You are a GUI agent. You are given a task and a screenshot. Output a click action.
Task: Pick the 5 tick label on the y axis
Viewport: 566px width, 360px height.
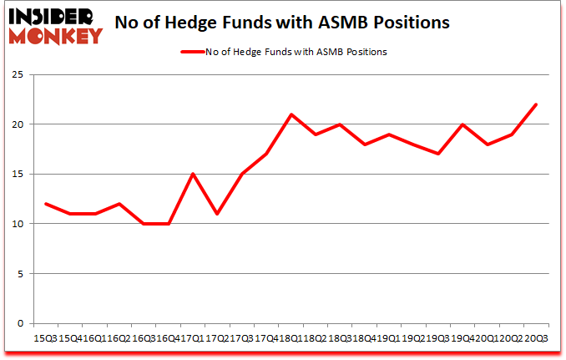coord(20,274)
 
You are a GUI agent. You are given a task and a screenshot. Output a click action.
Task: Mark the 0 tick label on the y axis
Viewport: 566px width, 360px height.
coord(20,323)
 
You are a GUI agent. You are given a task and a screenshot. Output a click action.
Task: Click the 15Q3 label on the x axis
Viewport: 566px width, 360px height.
coord(44,337)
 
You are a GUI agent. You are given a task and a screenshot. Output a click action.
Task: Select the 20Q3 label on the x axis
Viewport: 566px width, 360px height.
coord(535,337)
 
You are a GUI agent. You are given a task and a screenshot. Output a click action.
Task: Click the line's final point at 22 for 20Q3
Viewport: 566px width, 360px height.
coord(535,104)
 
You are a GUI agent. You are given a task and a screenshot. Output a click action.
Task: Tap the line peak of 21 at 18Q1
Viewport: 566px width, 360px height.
coord(290,114)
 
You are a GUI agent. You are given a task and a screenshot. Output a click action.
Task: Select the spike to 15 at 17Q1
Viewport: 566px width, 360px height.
coord(192,174)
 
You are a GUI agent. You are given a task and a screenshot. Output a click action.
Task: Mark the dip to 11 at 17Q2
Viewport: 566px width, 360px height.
coord(216,214)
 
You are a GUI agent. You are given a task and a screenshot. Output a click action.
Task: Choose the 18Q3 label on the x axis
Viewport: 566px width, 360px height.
coord(339,337)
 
